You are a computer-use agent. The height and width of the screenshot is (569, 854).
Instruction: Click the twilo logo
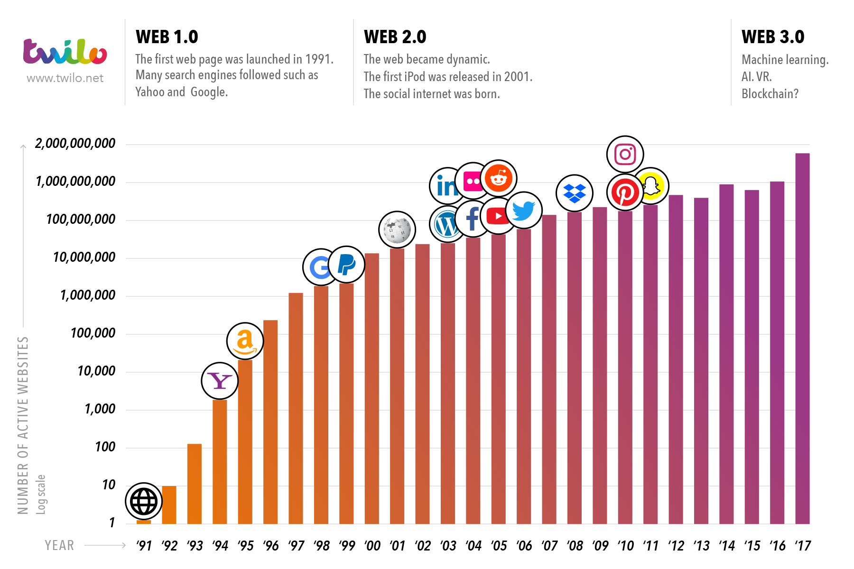(x=65, y=52)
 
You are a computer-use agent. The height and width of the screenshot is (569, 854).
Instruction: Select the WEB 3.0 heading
(x=772, y=37)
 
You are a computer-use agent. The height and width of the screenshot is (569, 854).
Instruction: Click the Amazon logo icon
(x=245, y=341)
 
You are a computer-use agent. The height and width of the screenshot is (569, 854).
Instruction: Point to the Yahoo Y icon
(x=220, y=381)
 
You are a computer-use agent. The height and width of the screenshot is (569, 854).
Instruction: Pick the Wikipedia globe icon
(x=397, y=230)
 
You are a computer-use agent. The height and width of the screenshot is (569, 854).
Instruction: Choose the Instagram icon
(x=625, y=154)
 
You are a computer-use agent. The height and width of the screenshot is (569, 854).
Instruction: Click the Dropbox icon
(x=574, y=193)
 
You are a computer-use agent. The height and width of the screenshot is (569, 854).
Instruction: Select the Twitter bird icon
(x=524, y=210)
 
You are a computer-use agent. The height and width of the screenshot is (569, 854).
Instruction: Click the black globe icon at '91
(x=144, y=501)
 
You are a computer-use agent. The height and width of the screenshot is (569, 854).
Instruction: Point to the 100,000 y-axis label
(x=93, y=333)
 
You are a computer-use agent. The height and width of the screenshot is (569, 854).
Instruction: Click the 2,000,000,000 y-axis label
(x=75, y=144)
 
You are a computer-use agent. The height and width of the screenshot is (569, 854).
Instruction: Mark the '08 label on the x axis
(x=575, y=546)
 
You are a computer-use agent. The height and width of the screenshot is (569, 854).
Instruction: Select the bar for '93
(x=195, y=484)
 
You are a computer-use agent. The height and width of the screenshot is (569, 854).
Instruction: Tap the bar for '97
(x=296, y=408)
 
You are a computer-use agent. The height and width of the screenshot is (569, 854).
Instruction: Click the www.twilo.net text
(x=65, y=78)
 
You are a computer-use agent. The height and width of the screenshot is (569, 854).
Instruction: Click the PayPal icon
(x=346, y=265)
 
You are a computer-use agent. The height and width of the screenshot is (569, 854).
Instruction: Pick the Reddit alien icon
(x=498, y=178)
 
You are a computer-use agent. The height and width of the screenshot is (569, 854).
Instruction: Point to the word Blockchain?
(x=770, y=94)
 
